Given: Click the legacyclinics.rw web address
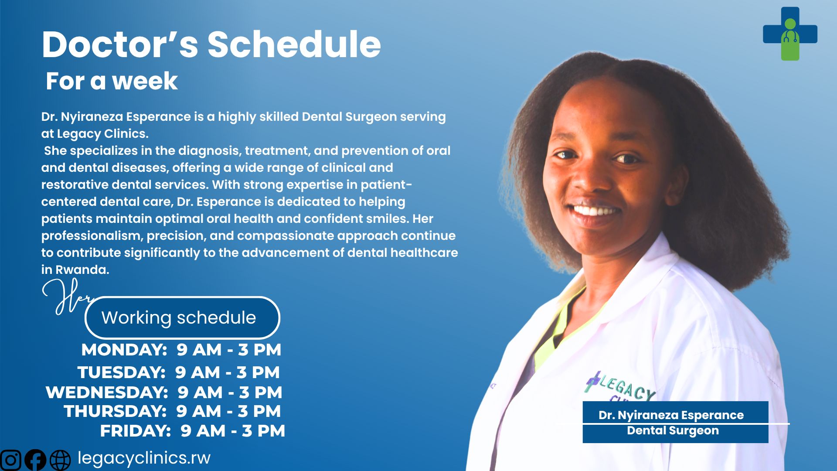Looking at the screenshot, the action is coord(144,458).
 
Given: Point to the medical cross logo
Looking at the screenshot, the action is coord(790,34).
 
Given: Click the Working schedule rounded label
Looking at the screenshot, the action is coord(182,317).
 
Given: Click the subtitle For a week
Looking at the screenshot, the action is coord(112,81).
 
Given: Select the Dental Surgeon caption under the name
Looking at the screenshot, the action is coord(673,430).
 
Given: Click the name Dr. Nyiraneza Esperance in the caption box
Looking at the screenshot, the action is coord(671,415).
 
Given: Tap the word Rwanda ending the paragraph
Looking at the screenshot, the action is coord(82,270).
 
